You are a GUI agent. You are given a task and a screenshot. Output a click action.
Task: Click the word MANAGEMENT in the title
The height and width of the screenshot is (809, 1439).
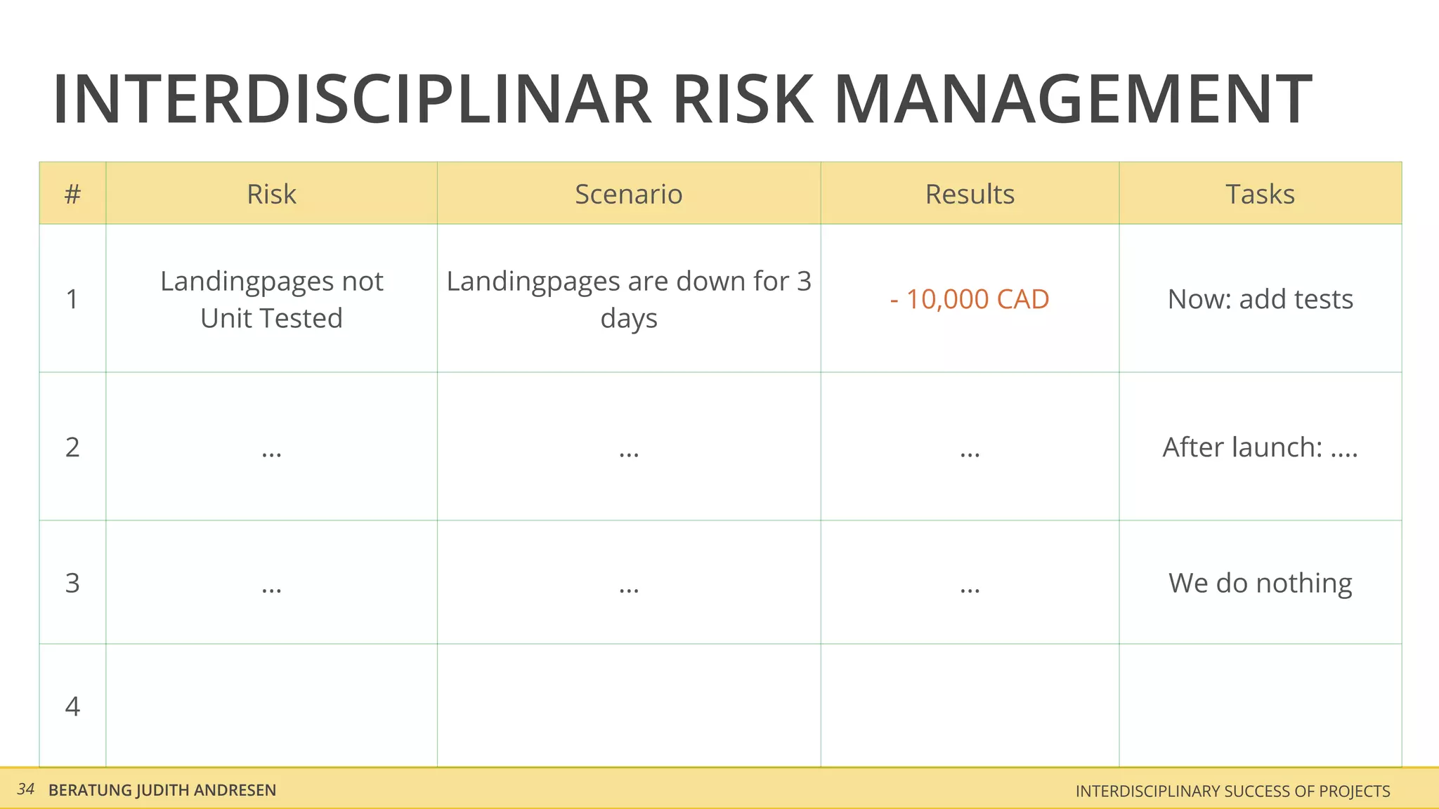[1072, 100]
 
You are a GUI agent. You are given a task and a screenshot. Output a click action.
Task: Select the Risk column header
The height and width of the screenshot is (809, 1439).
[271, 194]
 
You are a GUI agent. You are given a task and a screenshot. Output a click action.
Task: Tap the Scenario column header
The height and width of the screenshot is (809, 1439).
[628, 194]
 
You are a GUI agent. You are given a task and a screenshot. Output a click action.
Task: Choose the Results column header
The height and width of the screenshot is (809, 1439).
[970, 194]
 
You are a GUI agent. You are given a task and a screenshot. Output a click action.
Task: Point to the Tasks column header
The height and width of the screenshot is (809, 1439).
[1260, 194]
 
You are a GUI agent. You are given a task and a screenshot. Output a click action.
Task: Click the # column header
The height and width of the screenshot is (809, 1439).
[72, 194]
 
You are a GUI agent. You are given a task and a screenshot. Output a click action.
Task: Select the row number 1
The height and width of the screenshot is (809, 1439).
[72, 299]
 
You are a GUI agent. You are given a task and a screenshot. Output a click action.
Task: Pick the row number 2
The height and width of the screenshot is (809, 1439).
[72, 447]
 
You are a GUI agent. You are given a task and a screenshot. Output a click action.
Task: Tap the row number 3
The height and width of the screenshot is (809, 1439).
[72, 583]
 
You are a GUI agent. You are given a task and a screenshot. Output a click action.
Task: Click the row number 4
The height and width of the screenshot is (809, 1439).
[72, 706]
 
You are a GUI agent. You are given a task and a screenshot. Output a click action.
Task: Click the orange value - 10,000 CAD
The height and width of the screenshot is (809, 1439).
[970, 299]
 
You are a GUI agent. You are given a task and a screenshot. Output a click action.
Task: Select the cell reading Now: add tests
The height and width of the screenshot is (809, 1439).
[1260, 299]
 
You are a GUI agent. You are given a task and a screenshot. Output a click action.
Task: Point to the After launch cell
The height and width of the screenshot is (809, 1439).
[1260, 447]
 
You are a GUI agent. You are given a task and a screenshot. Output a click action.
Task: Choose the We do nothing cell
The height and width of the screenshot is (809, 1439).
[1260, 583]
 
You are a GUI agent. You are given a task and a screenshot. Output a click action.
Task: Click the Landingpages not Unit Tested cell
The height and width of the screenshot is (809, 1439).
[271, 299]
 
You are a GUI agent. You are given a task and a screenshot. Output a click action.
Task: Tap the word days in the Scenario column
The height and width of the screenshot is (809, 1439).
[629, 319]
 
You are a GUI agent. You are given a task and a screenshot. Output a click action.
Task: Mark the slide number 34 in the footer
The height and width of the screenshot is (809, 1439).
[26, 789]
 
